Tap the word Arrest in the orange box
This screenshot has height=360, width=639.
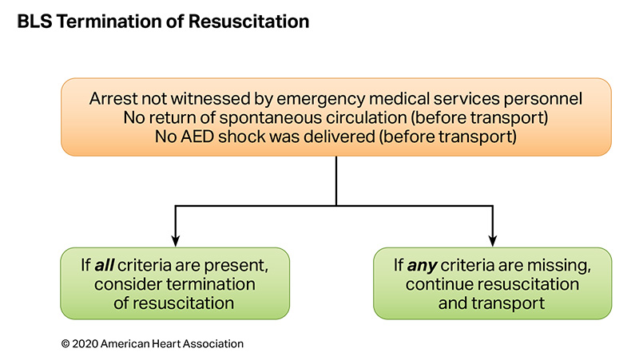click(111, 100)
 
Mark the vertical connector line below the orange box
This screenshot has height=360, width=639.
click(336, 180)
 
